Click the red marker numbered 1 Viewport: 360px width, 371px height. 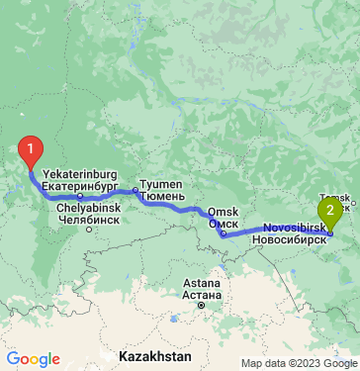(32, 151)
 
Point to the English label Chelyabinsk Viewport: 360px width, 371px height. (89, 209)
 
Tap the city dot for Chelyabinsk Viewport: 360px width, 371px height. (89, 230)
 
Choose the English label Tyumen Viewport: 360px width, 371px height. (161, 185)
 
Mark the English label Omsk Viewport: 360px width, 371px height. (225, 213)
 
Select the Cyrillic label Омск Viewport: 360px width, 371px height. (223, 225)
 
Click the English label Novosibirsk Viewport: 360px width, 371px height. (295, 228)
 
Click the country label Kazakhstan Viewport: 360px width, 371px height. (152, 353)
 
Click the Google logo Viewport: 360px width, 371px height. (33, 359)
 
